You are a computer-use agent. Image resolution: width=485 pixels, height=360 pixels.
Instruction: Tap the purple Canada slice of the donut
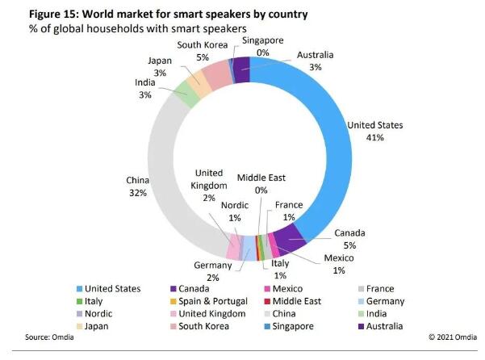coord(291,235)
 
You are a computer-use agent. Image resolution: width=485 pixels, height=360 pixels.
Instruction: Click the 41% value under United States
coord(374,137)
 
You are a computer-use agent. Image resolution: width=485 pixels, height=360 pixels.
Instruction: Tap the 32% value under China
coord(137,193)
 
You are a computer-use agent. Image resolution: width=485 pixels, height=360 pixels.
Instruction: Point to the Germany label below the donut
coord(213,266)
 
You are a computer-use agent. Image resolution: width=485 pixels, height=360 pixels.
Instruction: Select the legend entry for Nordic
coord(99,313)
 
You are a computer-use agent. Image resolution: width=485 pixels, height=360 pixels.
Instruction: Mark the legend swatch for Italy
coord(78,301)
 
